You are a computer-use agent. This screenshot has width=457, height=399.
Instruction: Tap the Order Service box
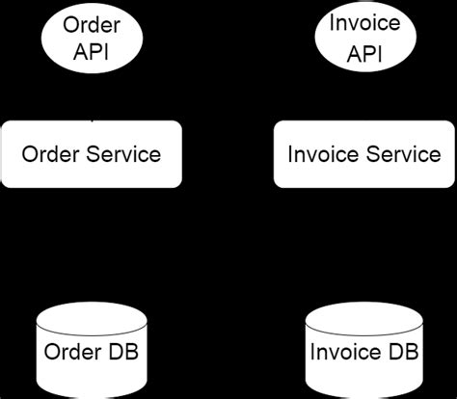point(91,154)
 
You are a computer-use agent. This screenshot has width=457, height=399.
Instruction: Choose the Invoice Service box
point(364,154)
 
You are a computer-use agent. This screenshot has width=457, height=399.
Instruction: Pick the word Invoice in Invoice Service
point(319,154)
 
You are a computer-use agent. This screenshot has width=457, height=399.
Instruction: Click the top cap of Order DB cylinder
point(92,312)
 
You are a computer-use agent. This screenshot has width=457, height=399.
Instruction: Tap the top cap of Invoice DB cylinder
point(364,312)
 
